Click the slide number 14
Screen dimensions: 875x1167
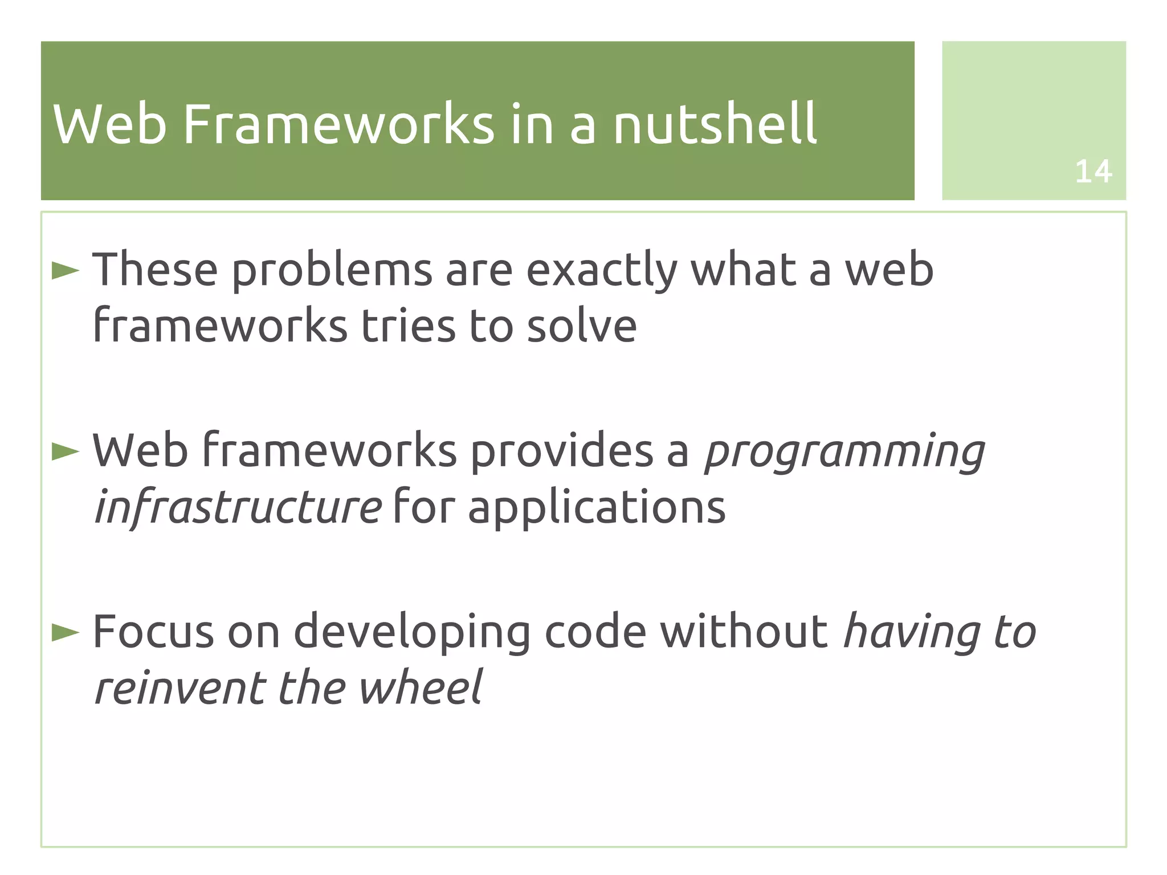(x=1093, y=172)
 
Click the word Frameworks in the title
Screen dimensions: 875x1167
(x=338, y=124)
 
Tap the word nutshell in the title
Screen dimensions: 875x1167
(x=715, y=124)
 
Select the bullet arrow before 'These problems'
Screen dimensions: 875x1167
(x=66, y=271)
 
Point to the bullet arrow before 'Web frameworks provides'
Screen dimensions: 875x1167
(x=66, y=451)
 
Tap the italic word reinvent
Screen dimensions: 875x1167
(x=180, y=687)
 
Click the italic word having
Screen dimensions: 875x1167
(x=912, y=633)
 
